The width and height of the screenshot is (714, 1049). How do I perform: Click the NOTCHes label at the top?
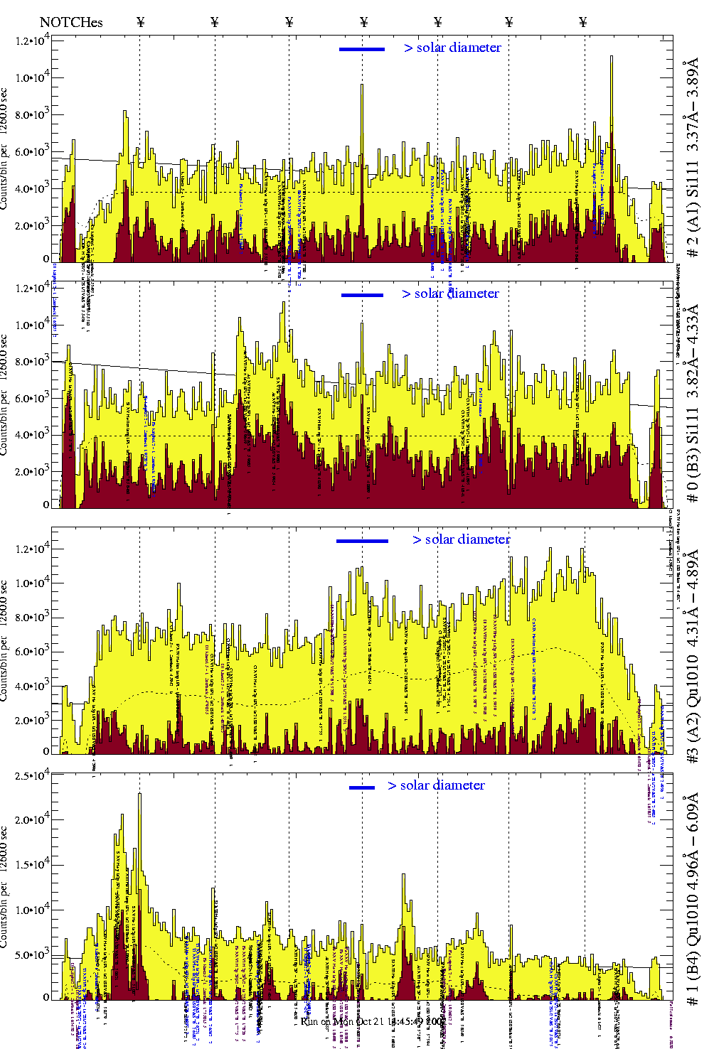(x=71, y=22)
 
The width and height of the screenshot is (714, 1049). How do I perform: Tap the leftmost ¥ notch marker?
(x=140, y=22)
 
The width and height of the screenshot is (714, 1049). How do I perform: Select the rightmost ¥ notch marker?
(x=583, y=22)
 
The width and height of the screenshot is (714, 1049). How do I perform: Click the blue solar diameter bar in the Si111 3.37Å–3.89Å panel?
(x=362, y=49)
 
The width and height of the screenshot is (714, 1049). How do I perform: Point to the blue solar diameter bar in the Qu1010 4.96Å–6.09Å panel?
(x=362, y=787)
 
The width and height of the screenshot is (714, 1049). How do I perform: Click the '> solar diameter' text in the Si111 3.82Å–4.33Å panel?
(x=450, y=294)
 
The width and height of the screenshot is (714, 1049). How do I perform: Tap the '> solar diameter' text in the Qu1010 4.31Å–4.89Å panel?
(x=462, y=539)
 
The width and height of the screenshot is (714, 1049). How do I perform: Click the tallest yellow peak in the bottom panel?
(x=139, y=795)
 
